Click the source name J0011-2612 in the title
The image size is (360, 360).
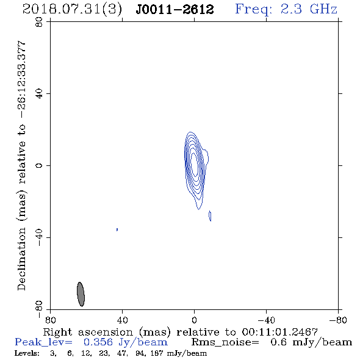point(175,10)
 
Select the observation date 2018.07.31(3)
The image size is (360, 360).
point(73,10)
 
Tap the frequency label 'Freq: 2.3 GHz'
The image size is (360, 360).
point(286,9)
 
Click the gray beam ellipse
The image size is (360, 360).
point(81,294)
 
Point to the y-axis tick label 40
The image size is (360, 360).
point(39,94)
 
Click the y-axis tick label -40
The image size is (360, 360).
point(39,237)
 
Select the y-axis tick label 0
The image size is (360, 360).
point(39,165)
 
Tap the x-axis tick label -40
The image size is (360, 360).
point(266,320)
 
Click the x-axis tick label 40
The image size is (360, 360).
point(122,320)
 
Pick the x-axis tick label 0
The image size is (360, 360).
point(194,320)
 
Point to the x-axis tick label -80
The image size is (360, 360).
point(338,320)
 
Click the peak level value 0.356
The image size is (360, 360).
point(98,342)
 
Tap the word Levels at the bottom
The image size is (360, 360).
point(26,353)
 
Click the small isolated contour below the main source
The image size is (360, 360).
point(210,216)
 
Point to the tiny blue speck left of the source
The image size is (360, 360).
point(117,229)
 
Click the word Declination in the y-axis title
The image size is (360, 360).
point(21,259)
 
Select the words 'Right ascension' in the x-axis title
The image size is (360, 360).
point(88,332)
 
